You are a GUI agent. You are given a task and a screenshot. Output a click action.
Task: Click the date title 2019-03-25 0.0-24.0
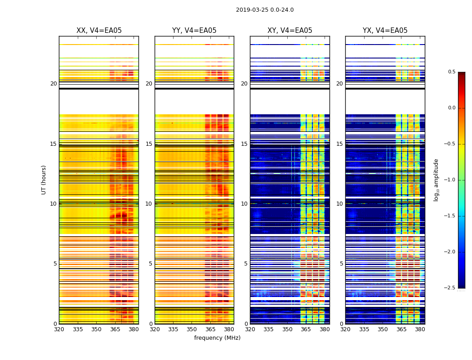pos(265,10)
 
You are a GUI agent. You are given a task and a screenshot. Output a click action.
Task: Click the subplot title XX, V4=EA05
pos(99,31)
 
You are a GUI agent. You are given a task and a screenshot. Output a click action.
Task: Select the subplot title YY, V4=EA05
pos(194,31)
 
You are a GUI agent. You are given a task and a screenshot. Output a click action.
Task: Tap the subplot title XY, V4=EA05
pos(290,31)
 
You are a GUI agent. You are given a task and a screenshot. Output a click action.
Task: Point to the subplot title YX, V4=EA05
pos(385,31)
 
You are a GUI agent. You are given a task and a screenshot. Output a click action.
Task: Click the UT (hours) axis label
pos(44,180)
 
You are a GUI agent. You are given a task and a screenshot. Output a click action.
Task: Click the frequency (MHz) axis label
pos(217,338)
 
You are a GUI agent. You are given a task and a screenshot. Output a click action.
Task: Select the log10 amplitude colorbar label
pos(436,180)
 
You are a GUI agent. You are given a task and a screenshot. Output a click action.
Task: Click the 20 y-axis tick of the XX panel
pos(53,84)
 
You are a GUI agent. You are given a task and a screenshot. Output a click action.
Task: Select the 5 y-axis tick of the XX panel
pos(55,264)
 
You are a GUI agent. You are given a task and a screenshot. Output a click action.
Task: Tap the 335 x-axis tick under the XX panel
pos(78,329)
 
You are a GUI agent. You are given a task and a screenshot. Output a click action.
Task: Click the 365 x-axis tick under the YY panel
pos(210,329)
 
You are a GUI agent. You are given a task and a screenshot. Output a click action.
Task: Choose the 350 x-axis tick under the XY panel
pos(287,329)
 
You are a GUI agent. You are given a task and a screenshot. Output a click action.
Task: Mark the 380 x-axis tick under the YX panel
pos(420,329)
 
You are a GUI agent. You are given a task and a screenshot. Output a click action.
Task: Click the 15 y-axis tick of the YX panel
pos(340,144)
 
